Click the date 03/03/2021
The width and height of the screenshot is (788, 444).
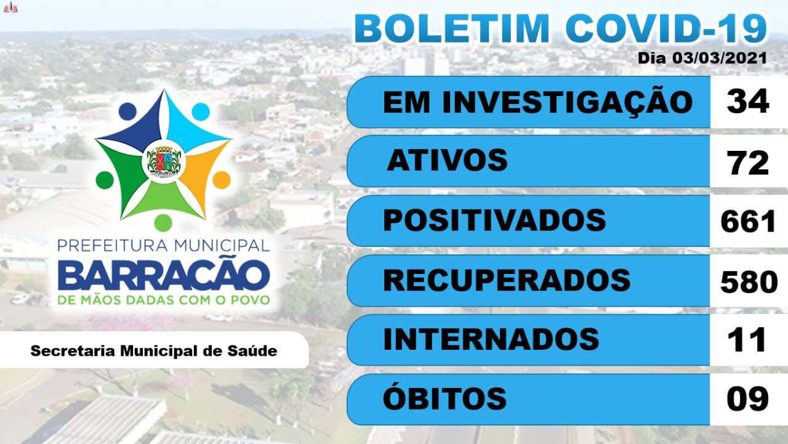(x=720, y=58)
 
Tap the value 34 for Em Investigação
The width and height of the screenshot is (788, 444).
(x=748, y=102)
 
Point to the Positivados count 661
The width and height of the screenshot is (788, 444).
(x=748, y=221)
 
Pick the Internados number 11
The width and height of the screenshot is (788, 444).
(x=747, y=340)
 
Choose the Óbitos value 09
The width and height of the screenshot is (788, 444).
(x=748, y=398)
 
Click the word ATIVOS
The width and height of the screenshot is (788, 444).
(x=447, y=160)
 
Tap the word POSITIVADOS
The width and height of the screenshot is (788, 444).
(x=494, y=220)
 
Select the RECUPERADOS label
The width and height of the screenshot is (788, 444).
(x=507, y=280)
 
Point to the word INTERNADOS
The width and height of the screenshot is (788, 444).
(x=491, y=339)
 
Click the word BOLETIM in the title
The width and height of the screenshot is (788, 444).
(x=452, y=29)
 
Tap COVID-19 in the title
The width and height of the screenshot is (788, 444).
(x=666, y=29)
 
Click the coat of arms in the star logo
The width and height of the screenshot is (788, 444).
(x=164, y=161)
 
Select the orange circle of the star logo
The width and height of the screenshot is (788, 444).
(x=222, y=180)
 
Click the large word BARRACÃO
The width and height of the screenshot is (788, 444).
(x=164, y=276)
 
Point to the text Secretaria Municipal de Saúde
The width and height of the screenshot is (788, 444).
(x=154, y=351)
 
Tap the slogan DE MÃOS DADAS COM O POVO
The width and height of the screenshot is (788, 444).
(x=164, y=300)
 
